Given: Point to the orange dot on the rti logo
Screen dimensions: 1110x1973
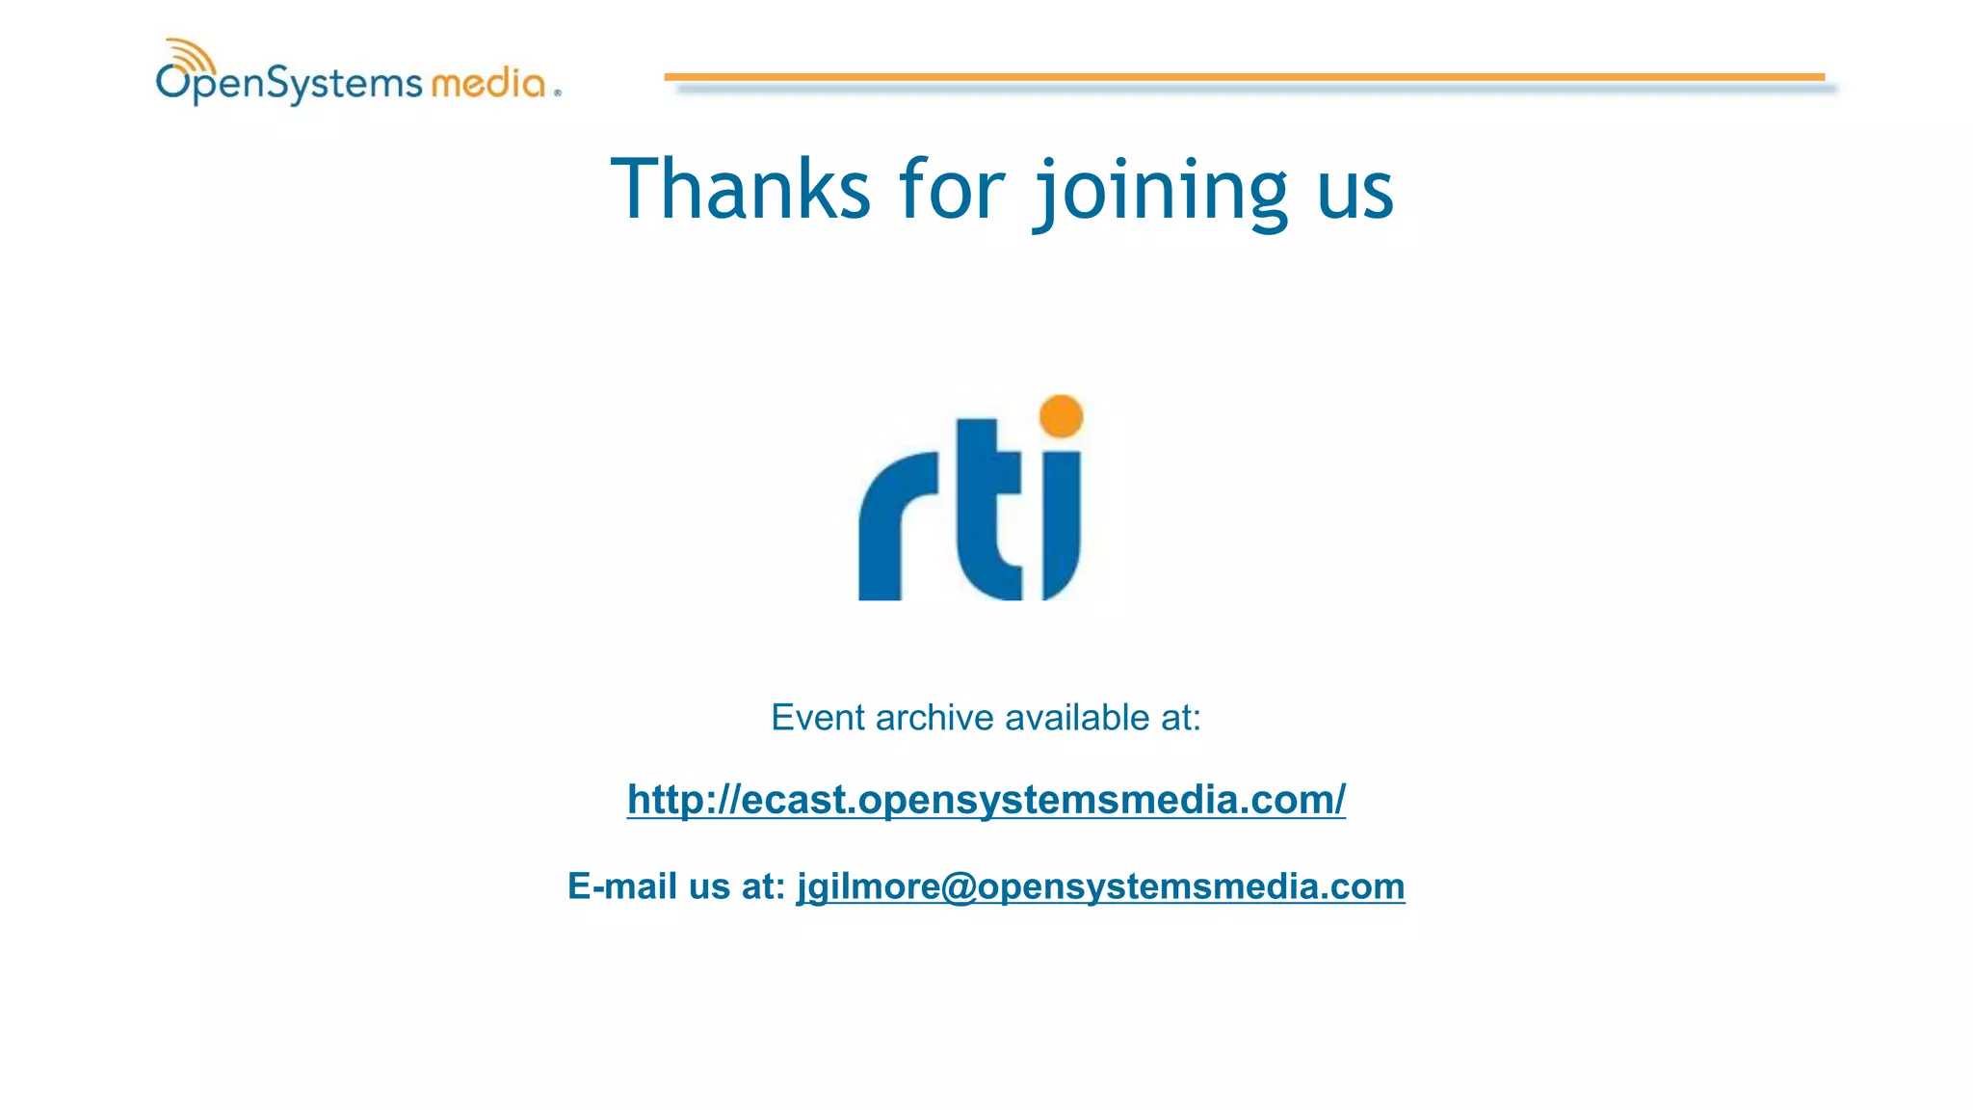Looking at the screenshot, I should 1062,416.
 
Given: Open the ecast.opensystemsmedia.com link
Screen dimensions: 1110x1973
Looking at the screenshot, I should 986,800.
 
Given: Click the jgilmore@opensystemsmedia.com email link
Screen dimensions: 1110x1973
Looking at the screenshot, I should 1100,886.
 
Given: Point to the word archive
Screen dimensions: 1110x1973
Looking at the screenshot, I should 934,718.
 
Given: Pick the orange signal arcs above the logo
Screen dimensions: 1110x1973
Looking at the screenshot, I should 188,54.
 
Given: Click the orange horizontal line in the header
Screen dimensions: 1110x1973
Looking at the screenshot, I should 1243,76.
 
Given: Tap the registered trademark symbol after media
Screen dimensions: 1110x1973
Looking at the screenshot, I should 557,93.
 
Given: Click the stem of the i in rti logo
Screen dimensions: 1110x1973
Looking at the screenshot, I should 1061,520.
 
